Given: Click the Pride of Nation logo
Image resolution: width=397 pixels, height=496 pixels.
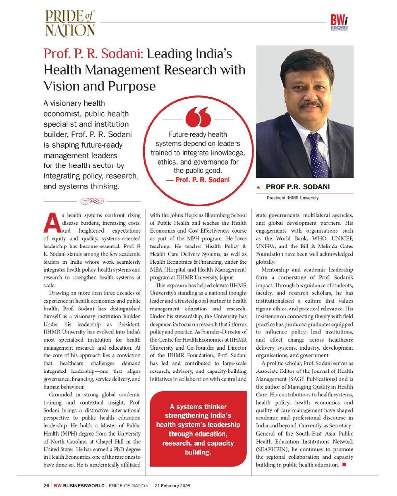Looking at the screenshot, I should [x=70, y=24].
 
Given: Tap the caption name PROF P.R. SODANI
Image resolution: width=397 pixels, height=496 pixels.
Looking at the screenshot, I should [x=298, y=187].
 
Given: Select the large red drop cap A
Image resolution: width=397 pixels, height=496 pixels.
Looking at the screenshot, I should [x=51, y=223].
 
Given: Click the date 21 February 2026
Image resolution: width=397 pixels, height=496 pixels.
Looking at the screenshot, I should [x=172, y=485].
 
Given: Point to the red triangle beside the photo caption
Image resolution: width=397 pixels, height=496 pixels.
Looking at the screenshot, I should [x=259, y=187].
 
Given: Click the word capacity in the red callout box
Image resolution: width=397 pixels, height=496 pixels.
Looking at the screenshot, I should [x=215, y=444].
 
